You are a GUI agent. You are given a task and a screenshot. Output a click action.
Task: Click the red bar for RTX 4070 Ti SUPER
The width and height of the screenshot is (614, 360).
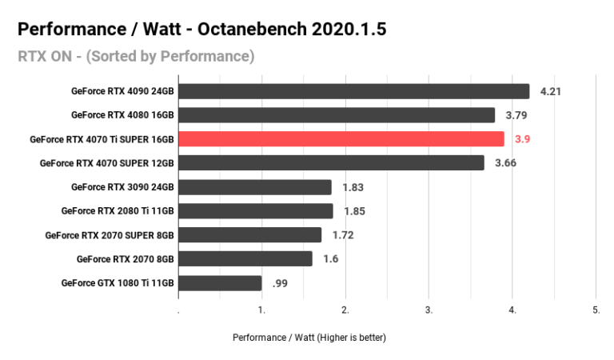point(341,139)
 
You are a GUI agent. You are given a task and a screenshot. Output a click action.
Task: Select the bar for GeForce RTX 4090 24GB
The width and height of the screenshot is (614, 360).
point(353,91)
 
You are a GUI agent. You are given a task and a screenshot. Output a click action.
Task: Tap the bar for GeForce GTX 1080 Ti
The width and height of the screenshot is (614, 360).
point(220,283)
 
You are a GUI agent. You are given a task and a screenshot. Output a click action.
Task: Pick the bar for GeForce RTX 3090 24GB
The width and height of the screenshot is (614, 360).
point(254,187)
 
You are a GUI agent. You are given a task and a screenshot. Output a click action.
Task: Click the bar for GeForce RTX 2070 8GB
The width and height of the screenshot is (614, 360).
point(245,259)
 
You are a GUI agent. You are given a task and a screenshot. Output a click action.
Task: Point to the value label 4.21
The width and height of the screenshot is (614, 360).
point(551,91)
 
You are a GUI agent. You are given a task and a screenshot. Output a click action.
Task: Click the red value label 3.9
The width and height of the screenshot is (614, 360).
point(523,139)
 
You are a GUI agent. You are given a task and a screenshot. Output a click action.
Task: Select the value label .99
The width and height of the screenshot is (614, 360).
point(281,283)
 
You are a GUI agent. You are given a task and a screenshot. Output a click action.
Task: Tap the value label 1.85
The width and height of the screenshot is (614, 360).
point(355,211)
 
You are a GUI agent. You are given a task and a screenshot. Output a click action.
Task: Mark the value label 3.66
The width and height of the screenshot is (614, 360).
point(506,163)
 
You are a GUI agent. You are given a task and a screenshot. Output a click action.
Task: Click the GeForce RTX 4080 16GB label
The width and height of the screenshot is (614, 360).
point(122,115)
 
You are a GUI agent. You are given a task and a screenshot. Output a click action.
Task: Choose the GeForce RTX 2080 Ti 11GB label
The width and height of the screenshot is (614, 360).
point(118,211)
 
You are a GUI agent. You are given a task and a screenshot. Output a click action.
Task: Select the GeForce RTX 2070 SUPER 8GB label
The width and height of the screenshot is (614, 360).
point(110,235)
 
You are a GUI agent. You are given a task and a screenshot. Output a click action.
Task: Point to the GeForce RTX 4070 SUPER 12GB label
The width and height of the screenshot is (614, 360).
point(107,163)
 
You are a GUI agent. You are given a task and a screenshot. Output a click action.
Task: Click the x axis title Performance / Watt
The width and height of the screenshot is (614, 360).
point(309,338)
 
